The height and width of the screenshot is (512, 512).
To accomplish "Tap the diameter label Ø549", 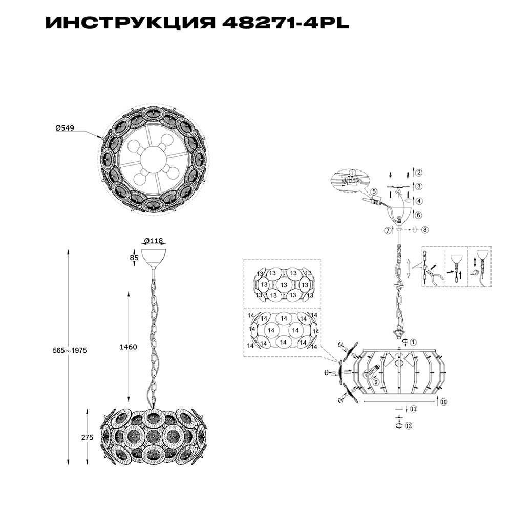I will click(x=65, y=129).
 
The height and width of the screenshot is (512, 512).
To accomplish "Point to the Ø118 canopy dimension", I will click(x=153, y=241).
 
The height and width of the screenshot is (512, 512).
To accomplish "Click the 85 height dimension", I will click(x=134, y=258).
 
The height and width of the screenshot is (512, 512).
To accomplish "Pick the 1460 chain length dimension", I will click(x=128, y=347).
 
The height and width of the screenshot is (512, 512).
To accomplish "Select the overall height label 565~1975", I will click(x=71, y=351).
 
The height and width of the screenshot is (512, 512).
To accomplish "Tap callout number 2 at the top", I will click(x=418, y=173).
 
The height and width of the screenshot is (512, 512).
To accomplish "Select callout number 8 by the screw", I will click(x=424, y=230).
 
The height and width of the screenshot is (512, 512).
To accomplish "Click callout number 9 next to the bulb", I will click(x=376, y=381).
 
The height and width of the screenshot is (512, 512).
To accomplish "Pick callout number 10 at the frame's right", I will click(x=443, y=402).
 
